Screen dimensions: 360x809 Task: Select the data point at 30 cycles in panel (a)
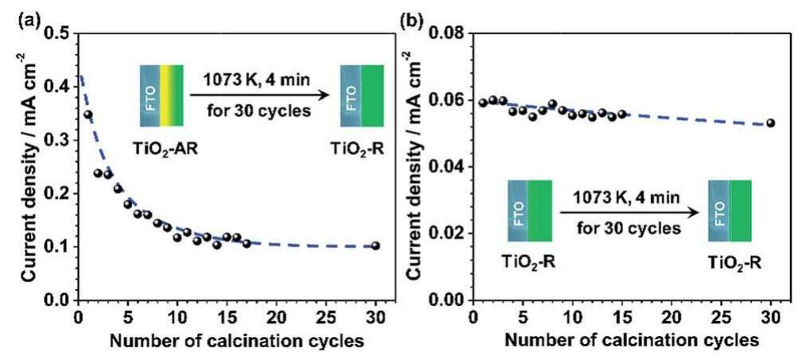(x=376, y=246)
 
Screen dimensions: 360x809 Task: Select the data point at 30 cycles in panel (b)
(x=770, y=123)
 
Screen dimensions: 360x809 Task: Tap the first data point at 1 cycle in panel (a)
(x=87, y=114)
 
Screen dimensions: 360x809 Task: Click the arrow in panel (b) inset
(x=629, y=213)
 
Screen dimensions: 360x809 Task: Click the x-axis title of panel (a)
(x=226, y=343)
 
